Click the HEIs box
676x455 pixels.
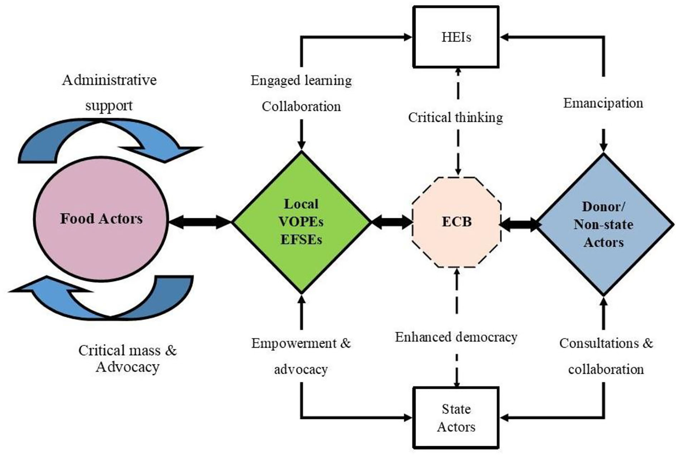[x=456, y=37]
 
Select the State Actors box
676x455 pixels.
[x=456, y=418]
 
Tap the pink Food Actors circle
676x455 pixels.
[x=101, y=219]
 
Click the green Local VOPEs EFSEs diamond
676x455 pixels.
[x=301, y=222]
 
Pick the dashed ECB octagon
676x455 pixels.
[x=456, y=222]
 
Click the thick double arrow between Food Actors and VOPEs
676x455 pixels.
[x=200, y=222]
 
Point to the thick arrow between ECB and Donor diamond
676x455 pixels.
[x=520, y=224]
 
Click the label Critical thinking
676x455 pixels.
[x=455, y=117]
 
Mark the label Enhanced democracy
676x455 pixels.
[x=456, y=337]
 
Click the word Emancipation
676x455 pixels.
[x=603, y=103]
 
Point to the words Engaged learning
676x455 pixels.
[x=301, y=80]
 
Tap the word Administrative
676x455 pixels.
[x=109, y=80]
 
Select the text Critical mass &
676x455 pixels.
[x=127, y=350]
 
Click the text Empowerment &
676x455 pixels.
[x=301, y=343]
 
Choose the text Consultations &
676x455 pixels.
[x=606, y=343]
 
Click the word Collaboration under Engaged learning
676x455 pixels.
[x=301, y=106]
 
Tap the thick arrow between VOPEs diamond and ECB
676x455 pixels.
[x=392, y=222]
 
